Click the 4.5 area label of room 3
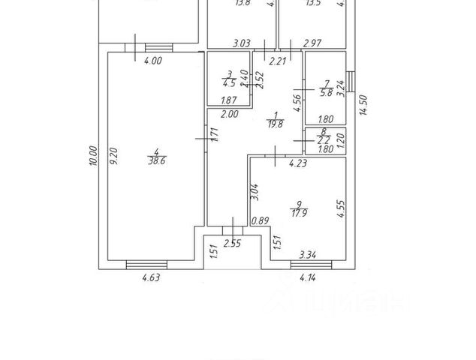click(x=229, y=83)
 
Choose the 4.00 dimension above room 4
click(x=152, y=61)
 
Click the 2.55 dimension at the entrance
click(x=232, y=242)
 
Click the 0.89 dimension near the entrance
click(x=260, y=221)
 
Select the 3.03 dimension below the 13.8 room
click(x=241, y=44)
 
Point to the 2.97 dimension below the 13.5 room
click(x=312, y=44)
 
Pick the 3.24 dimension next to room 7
click(x=341, y=88)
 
